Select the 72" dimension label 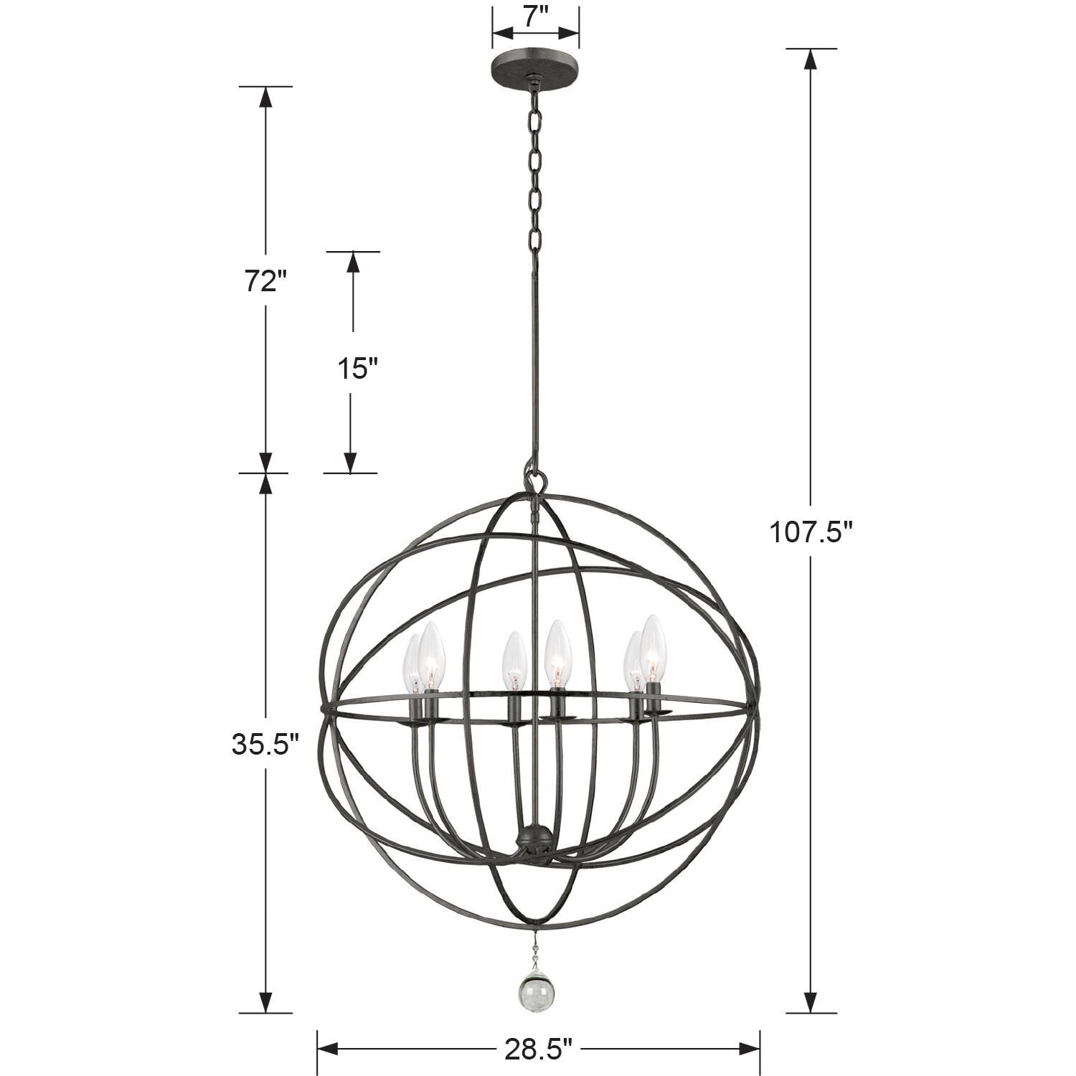coord(260,282)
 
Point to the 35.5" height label coord(264,745)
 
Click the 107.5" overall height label coord(811,532)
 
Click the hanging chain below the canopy coord(535,172)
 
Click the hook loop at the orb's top coord(534,478)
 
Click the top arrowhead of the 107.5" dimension coord(811,58)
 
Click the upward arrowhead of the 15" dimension coord(352,262)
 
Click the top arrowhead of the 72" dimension coord(265,96)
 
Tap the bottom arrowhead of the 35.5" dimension coord(265,1002)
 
